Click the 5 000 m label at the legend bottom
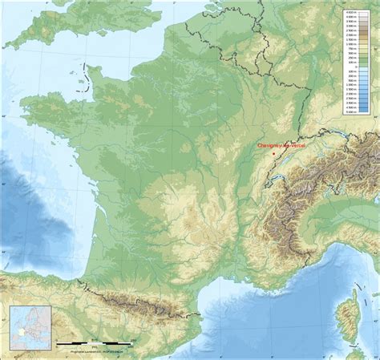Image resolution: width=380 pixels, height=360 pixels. point(350,113)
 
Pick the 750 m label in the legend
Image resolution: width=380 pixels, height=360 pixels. point(350,48)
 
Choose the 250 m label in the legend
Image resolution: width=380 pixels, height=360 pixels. point(350,56)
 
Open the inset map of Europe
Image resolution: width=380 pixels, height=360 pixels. point(30,327)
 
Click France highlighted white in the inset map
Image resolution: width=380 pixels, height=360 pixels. point(20,331)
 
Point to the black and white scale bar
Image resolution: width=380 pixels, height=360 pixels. point(93,343)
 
